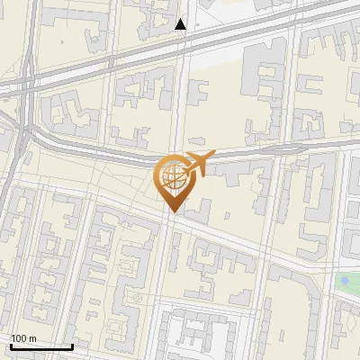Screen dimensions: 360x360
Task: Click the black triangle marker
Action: pyautogui.click(x=181, y=24)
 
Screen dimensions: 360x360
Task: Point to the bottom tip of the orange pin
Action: pyautogui.click(x=172, y=212)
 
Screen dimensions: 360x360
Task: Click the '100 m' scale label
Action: pyautogui.click(x=23, y=338)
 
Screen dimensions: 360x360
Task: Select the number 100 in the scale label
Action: pyautogui.click(x=19, y=338)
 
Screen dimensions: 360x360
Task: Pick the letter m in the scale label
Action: pyautogui.click(x=32, y=338)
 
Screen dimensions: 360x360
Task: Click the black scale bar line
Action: pyautogui.click(x=40, y=346)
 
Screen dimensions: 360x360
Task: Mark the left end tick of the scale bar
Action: pyautogui.click(x=10, y=345)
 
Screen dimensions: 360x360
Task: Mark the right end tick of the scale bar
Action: pyautogui.click(x=72, y=345)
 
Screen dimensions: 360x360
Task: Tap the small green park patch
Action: pyautogui.click(x=346, y=283)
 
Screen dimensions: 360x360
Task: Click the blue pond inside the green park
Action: pyautogui.click(x=345, y=282)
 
